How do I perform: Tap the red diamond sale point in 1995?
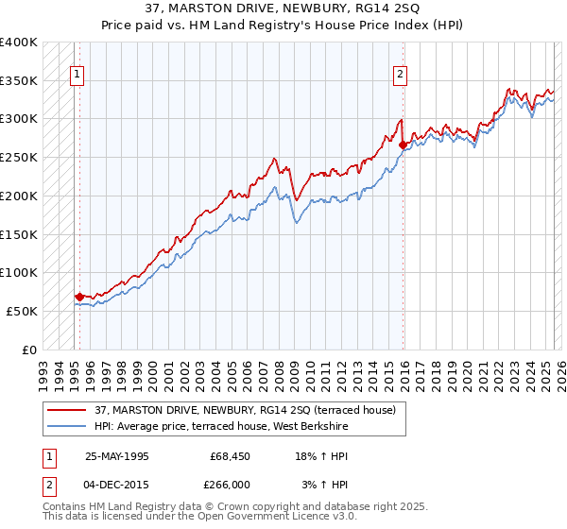[79, 297]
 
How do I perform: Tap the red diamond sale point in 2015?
[404, 145]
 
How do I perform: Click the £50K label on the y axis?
[22, 311]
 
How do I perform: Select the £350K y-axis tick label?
[18, 80]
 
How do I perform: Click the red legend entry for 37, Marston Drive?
[250, 410]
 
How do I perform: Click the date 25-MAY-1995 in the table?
[117, 456]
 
